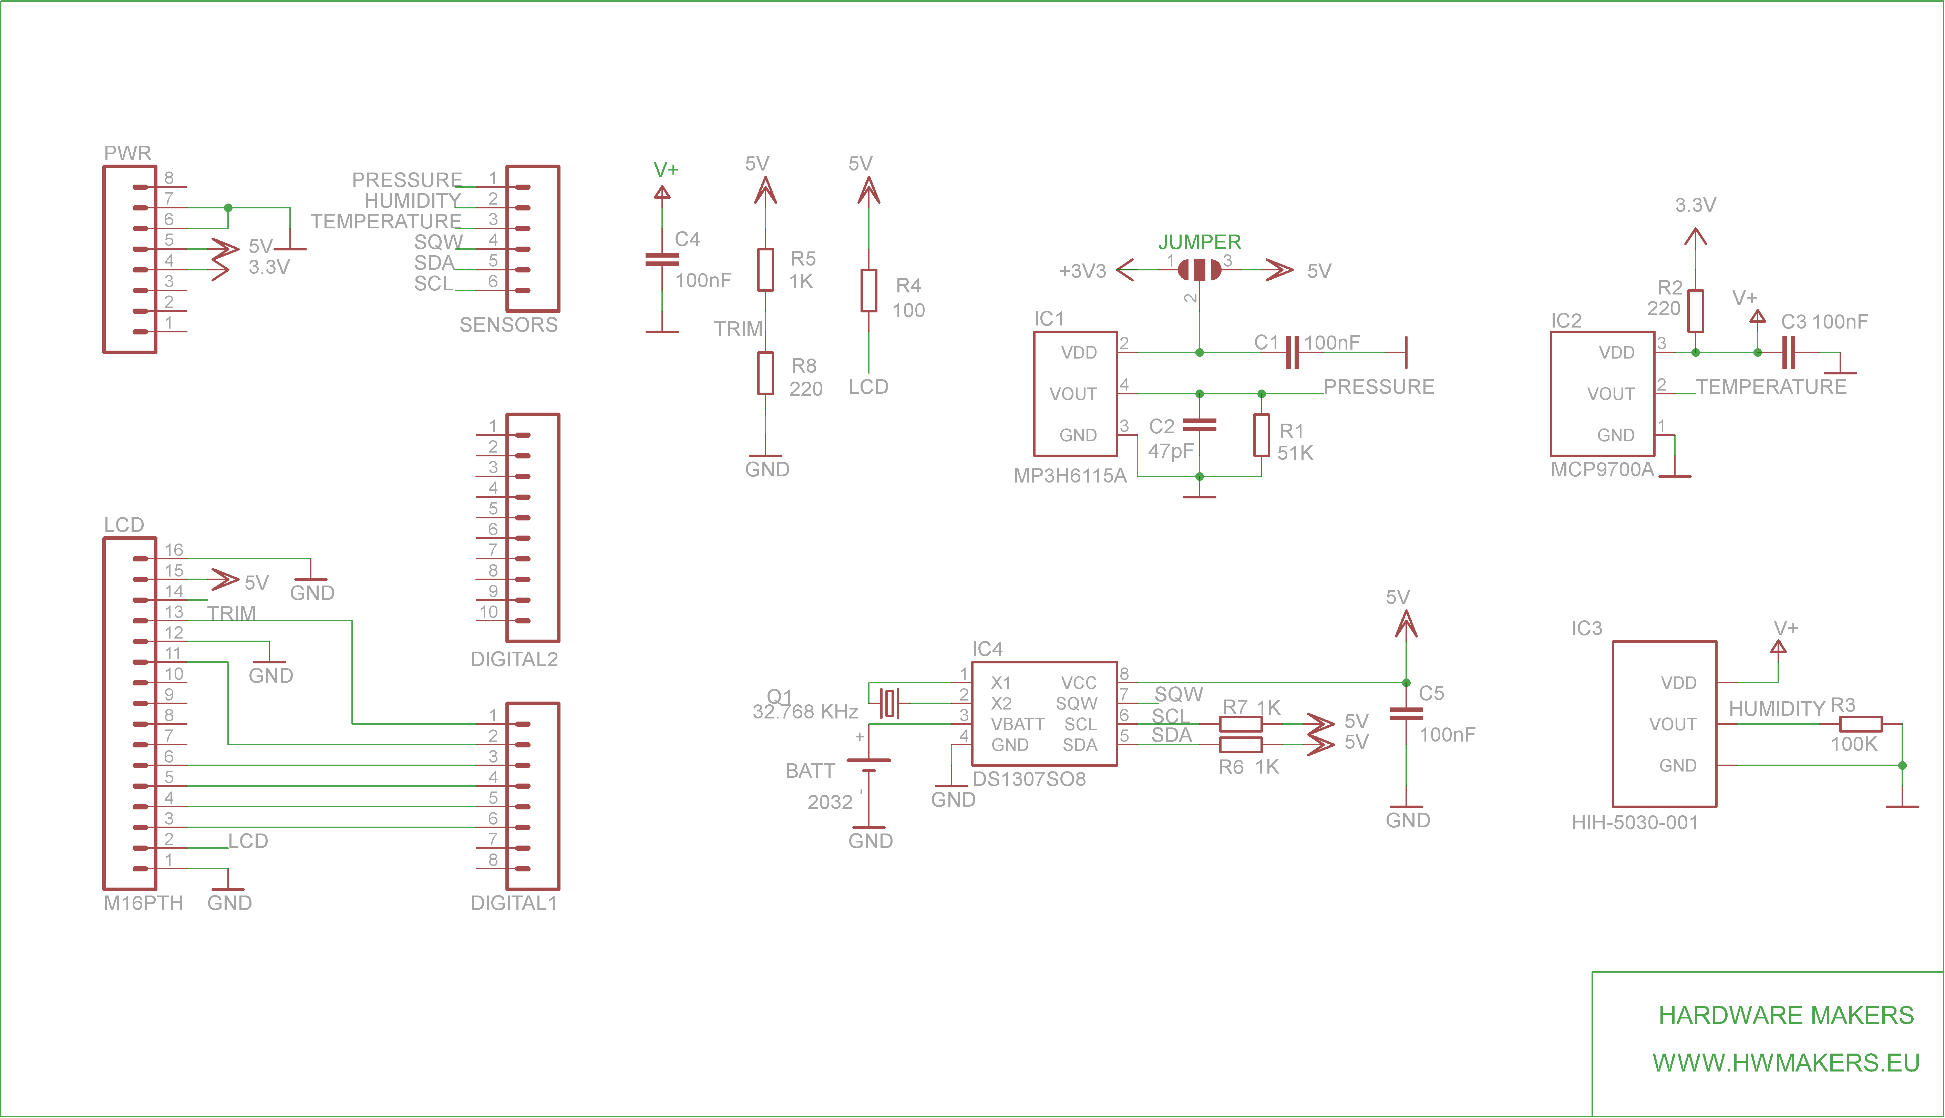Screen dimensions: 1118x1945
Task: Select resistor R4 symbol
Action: click(868, 290)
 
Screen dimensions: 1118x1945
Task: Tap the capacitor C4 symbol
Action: click(662, 260)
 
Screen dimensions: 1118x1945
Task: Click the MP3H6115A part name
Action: click(1070, 476)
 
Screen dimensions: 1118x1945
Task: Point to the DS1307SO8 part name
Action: click(1029, 779)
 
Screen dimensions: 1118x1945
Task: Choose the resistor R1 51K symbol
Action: click(1261, 435)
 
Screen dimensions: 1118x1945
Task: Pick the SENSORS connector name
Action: click(508, 325)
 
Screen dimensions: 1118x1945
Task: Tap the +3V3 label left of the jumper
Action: click(1082, 271)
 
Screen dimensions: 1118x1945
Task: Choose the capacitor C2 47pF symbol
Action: click(1200, 425)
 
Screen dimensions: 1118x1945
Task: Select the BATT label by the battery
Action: click(810, 771)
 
